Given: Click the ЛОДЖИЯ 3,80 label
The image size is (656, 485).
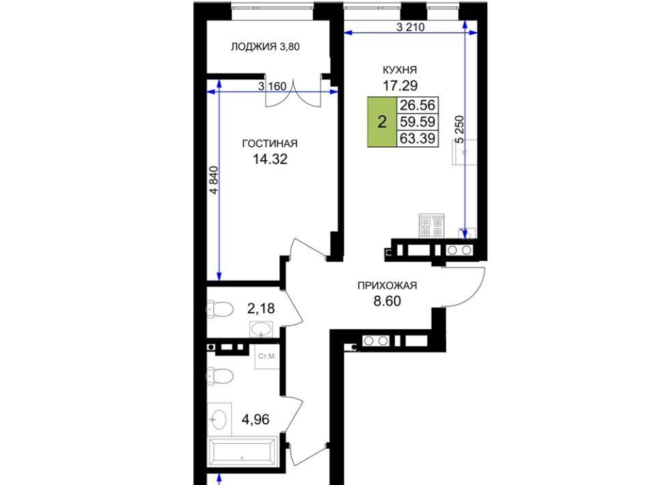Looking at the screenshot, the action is coord(265,46).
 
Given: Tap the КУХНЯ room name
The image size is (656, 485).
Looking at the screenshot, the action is coord(400,70).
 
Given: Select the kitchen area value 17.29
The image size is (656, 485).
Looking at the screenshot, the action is coord(400,85).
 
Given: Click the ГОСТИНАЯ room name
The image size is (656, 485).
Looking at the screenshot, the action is coord(270,144).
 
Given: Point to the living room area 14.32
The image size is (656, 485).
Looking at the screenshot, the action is coord(270,159).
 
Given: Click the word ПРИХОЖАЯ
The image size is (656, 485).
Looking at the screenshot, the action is coord(387,286).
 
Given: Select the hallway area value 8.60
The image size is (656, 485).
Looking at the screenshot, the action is coord(387,301).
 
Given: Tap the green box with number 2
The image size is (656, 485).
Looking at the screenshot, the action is coord(382,122).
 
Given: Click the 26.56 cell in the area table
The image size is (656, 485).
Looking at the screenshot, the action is coord(418,105).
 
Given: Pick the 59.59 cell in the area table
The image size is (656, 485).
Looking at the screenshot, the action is coord(418,122).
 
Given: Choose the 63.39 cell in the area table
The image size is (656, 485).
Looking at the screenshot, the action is coord(418,138).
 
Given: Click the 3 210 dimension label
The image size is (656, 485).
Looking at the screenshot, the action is coord(411,27).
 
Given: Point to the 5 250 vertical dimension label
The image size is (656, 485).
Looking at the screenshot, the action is coord(460,130).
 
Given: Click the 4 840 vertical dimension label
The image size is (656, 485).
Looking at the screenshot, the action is coord(214,180).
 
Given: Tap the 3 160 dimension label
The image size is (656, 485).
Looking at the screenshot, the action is coord(273,87).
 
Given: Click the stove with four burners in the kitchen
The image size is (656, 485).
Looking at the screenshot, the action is coord(431,226).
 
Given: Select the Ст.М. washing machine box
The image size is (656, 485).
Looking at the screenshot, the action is coord(267,357).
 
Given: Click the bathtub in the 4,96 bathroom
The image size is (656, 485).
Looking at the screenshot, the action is coord(243,452).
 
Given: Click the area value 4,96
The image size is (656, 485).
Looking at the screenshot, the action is coord(256,419).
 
